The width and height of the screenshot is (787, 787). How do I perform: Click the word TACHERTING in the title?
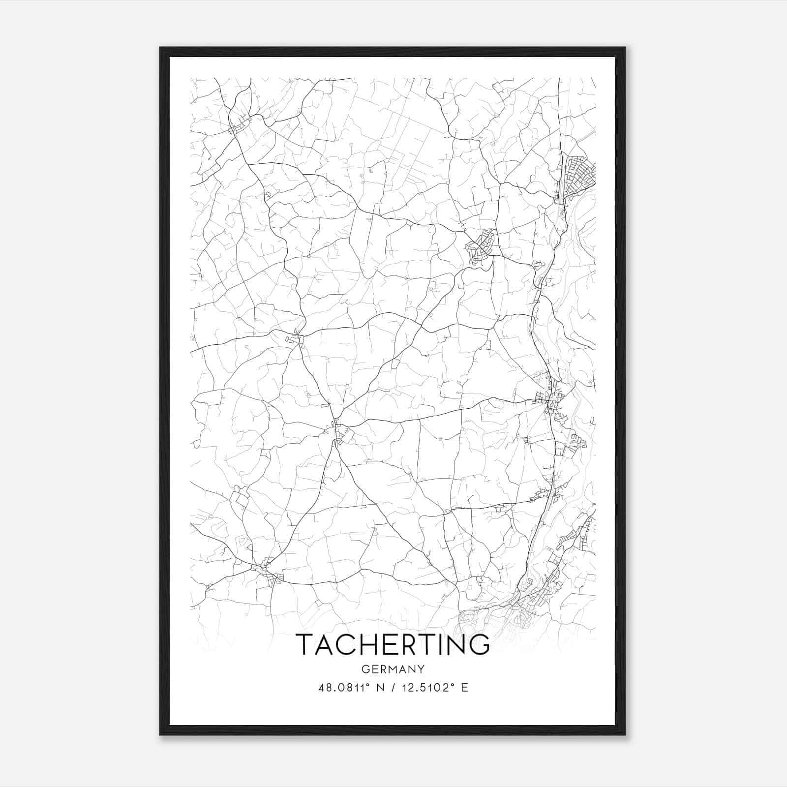click(393, 644)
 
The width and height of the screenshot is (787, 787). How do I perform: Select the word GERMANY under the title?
click(393, 669)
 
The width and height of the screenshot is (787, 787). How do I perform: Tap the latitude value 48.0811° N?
click(350, 688)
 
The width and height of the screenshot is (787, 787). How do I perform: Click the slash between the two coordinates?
click(393, 688)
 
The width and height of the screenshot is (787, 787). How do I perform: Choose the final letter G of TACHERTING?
click(479, 644)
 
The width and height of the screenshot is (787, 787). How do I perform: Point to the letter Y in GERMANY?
click(421, 669)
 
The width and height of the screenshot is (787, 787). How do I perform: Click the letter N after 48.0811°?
click(378, 688)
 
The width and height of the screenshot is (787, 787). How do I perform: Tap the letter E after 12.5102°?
click(464, 688)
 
